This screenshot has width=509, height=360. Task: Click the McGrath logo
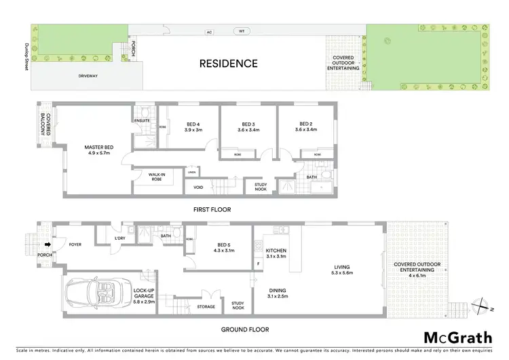453,338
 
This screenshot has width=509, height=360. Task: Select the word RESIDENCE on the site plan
228,64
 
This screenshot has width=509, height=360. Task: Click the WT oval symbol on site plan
241,31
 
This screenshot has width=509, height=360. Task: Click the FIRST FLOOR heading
212,210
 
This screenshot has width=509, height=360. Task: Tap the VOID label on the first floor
198,187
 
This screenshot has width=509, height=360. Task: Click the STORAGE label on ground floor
206,306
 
